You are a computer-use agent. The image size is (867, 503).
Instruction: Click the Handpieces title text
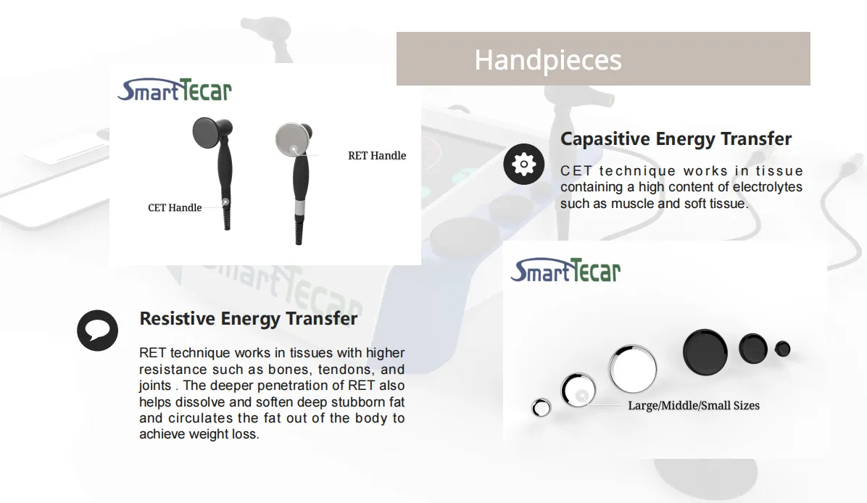pyautogui.click(x=548, y=60)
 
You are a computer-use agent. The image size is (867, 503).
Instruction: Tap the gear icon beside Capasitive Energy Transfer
pyautogui.click(x=523, y=165)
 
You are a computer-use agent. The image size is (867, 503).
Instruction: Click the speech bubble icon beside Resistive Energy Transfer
pyautogui.click(x=97, y=331)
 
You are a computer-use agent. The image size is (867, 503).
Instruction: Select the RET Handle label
pyautogui.click(x=377, y=156)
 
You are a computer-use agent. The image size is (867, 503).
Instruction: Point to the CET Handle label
pyautogui.click(x=175, y=208)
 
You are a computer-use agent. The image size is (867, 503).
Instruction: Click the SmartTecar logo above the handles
pyautogui.click(x=175, y=90)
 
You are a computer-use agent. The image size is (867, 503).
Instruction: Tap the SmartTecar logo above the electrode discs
pyautogui.click(x=565, y=270)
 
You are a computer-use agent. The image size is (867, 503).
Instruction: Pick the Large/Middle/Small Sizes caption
pyautogui.click(x=694, y=406)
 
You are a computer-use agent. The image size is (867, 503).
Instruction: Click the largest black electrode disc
pyautogui.click(x=705, y=352)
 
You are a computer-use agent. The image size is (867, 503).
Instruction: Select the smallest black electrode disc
pyautogui.click(x=782, y=349)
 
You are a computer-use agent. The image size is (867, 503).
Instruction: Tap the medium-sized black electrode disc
pyautogui.click(x=753, y=348)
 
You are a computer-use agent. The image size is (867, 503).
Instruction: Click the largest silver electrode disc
pyautogui.click(x=633, y=369)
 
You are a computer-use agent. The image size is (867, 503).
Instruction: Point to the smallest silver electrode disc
pyautogui.click(x=541, y=408)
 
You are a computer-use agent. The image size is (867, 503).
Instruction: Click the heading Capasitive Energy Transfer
pyautogui.click(x=676, y=138)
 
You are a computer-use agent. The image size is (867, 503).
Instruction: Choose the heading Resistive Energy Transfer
pyautogui.click(x=248, y=318)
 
